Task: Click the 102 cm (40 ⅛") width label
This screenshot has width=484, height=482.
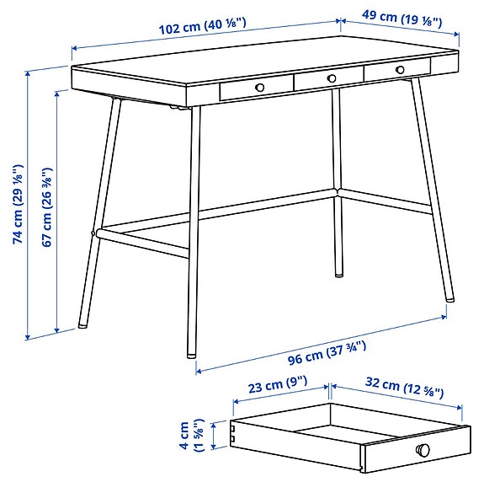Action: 202,26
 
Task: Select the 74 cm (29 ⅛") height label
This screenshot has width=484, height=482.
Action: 18,204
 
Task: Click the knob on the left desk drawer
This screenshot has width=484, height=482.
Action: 261,87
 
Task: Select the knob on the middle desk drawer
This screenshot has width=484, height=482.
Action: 332,78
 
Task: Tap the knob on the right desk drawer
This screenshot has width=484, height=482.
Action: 400,69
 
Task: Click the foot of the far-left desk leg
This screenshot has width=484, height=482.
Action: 82,323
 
